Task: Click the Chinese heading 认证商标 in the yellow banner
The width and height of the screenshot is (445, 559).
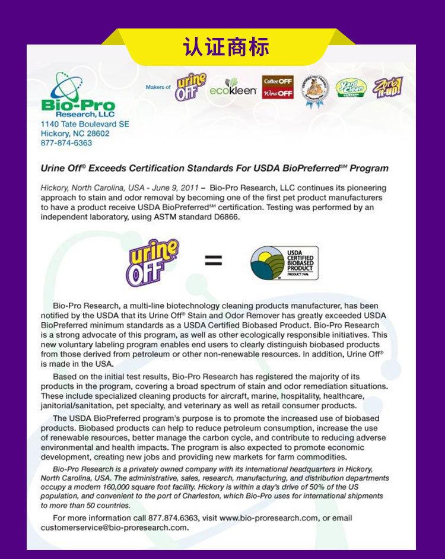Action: (x=225, y=46)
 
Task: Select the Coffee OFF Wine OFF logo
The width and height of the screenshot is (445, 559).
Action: (x=278, y=87)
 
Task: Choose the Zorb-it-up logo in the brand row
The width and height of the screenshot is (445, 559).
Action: (x=388, y=87)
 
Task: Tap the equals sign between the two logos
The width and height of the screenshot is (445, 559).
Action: (x=214, y=260)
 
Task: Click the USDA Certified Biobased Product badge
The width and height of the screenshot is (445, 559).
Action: (x=284, y=263)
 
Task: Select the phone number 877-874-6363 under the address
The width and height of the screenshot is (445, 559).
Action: (x=66, y=143)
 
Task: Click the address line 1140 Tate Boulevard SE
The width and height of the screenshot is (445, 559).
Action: (x=84, y=124)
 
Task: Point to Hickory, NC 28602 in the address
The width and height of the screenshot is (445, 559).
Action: (x=75, y=134)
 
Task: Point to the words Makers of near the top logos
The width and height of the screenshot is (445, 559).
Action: (x=158, y=87)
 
